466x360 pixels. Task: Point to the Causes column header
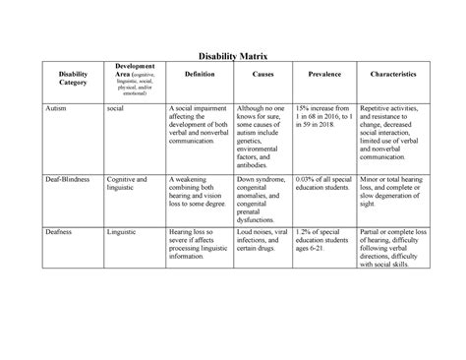tap(262, 74)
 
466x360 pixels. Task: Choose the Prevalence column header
tap(325, 74)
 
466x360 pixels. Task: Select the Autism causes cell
tap(262, 137)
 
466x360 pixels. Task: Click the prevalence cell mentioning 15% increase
tap(325, 118)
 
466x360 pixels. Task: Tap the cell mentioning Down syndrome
tap(262, 197)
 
